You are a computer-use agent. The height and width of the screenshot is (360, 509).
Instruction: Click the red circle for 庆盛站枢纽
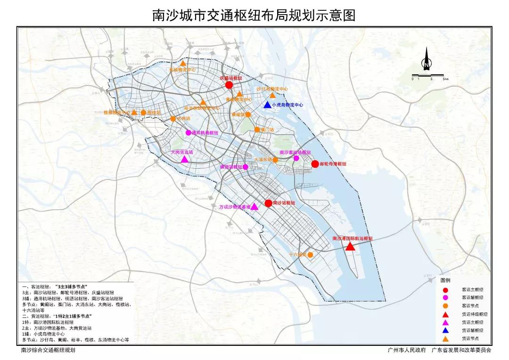coord(229,85)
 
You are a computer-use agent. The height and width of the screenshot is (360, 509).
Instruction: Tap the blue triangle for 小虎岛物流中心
coord(267,105)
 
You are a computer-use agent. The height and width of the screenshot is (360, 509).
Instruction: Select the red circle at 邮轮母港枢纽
coord(315,164)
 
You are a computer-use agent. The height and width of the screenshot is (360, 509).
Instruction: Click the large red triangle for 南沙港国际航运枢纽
coord(350,246)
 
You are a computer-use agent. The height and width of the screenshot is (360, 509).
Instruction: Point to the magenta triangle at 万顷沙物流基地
coord(254,206)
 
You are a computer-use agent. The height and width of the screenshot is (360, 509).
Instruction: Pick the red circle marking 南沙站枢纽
coord(268,203)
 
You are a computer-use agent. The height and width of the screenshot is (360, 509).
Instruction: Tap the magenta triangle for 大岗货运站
coord(185,159)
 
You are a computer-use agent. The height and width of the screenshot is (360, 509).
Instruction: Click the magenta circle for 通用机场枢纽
coord(189,133)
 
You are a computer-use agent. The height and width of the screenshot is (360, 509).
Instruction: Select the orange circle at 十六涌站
coord(310,254)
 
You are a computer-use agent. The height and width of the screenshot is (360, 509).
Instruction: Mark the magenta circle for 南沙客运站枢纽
coord(296,158)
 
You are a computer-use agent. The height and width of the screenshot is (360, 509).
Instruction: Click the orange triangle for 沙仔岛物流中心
coord(272,96)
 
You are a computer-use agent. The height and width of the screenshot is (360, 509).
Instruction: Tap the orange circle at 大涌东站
coord(276,160)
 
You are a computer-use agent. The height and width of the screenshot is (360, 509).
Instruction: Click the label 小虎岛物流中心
coord(288,105)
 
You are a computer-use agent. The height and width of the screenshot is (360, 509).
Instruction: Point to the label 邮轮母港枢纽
coord(333,164)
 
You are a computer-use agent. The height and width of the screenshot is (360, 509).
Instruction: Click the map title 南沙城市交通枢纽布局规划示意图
coord(254,15)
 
